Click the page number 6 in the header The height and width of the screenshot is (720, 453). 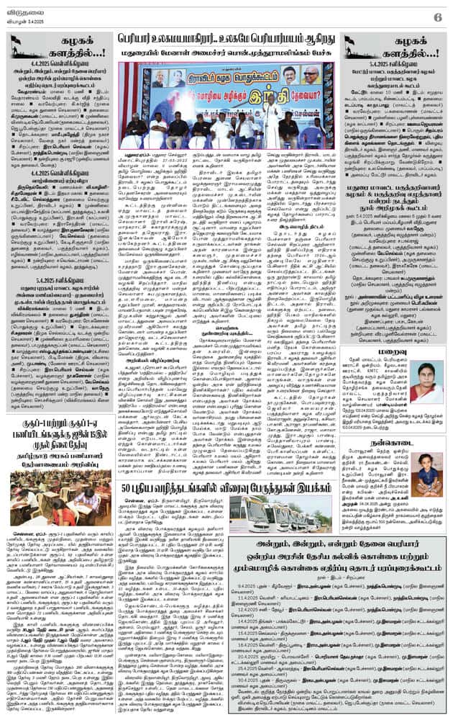point(436,16)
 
